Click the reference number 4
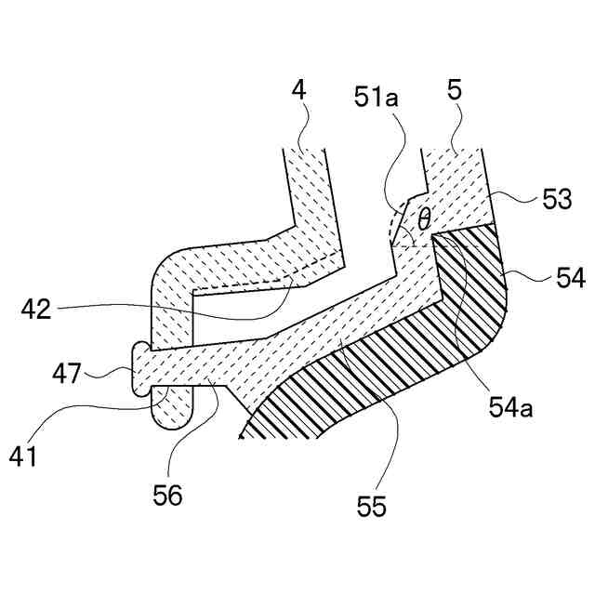[x=298, y=90]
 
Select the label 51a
[x=376, y=96]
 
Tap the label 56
[x=169, y=494]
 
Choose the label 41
[x=25, y=458]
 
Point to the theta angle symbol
[x=424, y=219]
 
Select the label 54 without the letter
[x=555, y=278]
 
